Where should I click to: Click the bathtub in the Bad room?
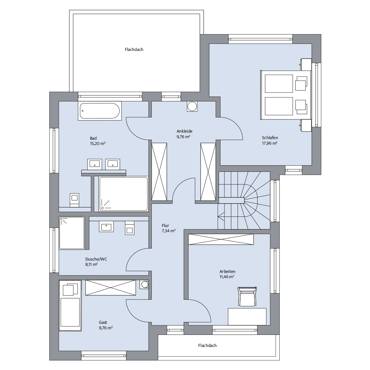pyautogui.click(x=100, y=111)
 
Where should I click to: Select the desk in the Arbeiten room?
pyautogui.click(x=247, y=316)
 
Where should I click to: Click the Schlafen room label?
pyautogui.click(x=270, y=138)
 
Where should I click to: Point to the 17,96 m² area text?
pyautogui.click(x=269, y=143)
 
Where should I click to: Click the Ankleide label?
pyautogui.click(x=184, y=131)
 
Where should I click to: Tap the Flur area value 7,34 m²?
pyautogui.click(x=168, y=231)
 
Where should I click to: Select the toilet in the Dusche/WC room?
pyautogui.click(x=129, y=228)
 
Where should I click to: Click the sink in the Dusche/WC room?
pyautogui.click(x=106, y=227)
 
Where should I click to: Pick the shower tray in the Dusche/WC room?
pyautogui.click(x=72, y=233)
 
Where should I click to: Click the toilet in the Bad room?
pyautogui.click(x=74, y=200)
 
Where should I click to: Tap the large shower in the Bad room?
pyautogui.click(x=123, y=194)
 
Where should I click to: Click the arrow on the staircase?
pyautogui.click(x=221, y=217)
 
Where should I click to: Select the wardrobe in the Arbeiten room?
pyautogui.click(x=221, y=239)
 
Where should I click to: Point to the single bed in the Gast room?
pyautogui.click(x=70, y=306)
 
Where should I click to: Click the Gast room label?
pyautogui.click(x=103, y=323)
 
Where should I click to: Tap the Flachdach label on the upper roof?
pyautogui.click(x=134, y=50)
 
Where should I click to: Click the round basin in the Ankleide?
pyautogui.click(x=192, y=106)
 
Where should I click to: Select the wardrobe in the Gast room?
pyautogui.click(x=111, y=288)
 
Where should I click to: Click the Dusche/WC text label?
pyautogui.click(x=96, y=259)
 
